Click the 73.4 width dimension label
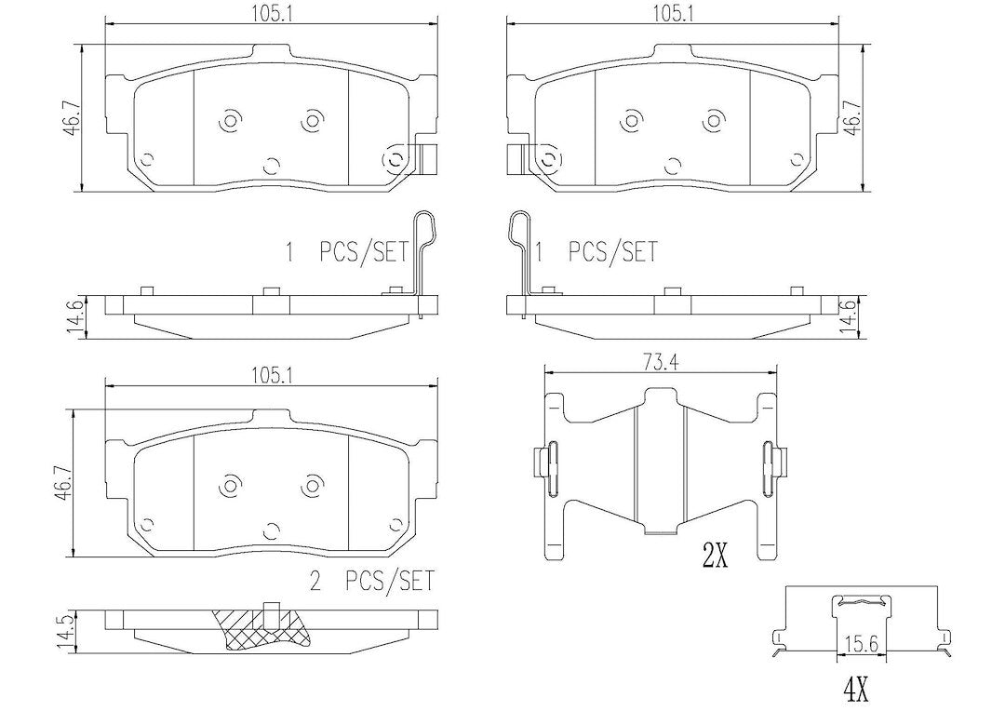coord(660,363)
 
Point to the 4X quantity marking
coord(855,691)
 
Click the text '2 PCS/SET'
coord(371,581)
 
